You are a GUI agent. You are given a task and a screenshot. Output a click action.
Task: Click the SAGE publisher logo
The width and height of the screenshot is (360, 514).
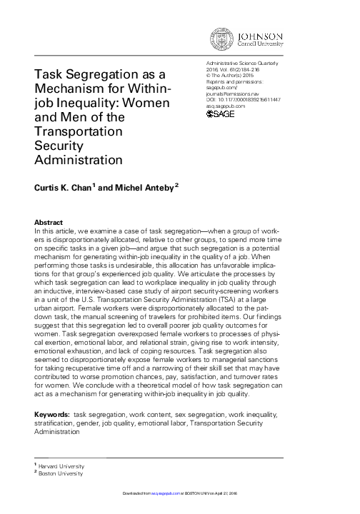(x=221, y=112)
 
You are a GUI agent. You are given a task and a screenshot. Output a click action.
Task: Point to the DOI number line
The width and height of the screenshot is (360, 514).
(x=243, y=99)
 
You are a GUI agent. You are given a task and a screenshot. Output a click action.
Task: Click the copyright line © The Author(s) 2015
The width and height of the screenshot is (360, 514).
(x=231, y=76)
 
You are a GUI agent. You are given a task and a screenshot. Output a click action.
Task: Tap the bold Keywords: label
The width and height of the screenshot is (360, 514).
(x=52, y=415)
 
